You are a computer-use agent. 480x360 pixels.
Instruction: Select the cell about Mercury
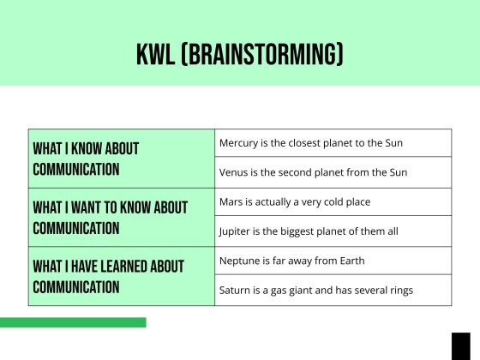point(333,143)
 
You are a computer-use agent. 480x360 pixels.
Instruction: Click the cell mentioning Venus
point(333,172)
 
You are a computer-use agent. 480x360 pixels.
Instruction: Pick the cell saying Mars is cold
point(333,202)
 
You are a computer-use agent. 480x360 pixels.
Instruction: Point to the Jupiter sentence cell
point(333,231)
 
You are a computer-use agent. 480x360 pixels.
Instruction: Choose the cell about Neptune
point(333,261)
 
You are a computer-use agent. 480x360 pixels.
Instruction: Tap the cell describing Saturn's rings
point(333,290)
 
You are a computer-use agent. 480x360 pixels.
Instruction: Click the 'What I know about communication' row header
point(121,159)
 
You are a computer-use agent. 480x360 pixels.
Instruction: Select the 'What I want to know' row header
point(121,217)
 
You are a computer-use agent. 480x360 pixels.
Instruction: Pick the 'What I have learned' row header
point(121,276)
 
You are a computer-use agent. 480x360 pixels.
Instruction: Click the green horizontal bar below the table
point(73,322)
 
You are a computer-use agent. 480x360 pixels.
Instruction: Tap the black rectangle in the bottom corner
point(461,346)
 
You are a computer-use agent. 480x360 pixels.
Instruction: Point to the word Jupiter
point(236,231)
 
